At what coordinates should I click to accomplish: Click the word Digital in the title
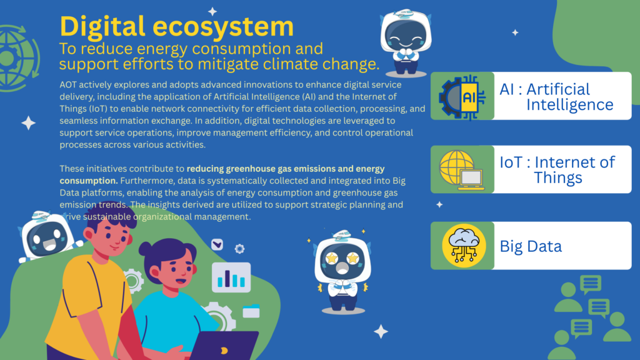102,27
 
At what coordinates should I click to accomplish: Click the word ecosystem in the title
223,27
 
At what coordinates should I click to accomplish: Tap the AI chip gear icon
462,97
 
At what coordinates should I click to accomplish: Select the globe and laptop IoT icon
462,170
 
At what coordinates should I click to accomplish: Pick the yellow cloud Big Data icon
464,246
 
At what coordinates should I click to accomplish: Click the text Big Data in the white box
531,246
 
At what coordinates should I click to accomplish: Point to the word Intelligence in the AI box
569,105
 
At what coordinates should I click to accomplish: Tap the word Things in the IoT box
558,177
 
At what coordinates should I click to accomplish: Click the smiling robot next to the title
406,43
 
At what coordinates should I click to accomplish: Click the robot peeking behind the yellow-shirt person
46,236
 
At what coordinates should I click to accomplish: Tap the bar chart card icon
231,277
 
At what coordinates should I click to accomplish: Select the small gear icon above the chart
239,249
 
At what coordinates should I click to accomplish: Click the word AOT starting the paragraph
68,85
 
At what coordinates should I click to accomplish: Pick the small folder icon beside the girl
251,311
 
